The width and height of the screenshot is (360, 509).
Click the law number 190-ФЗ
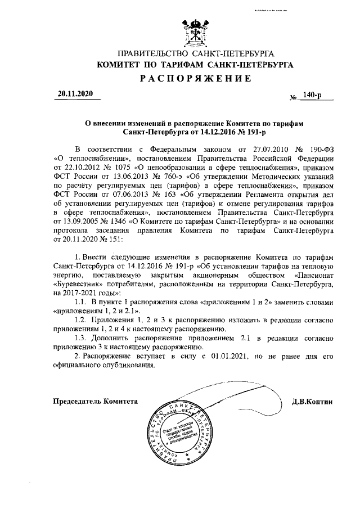[321, 148]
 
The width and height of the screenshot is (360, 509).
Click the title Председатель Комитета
[95, 402]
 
